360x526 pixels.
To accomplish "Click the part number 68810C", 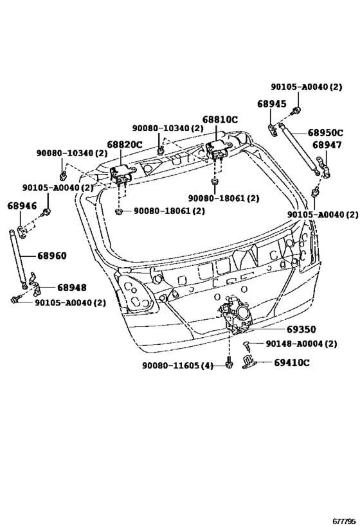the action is [x=220, y=119].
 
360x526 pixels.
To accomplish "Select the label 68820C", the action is [x=125, y=145].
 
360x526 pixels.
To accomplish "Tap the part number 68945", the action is [x=272, y=104].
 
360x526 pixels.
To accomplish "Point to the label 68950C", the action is [x=325, y=133].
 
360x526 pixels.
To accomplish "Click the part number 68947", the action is [x=327, y=145].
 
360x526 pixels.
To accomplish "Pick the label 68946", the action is [x=22, y=206].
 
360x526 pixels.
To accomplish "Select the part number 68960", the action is [x=51, y=256].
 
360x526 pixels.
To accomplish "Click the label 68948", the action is [x=72, y=288].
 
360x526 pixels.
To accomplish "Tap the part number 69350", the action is [x=301, y=329].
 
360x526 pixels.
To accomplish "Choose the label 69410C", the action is [x=292, y=363].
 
